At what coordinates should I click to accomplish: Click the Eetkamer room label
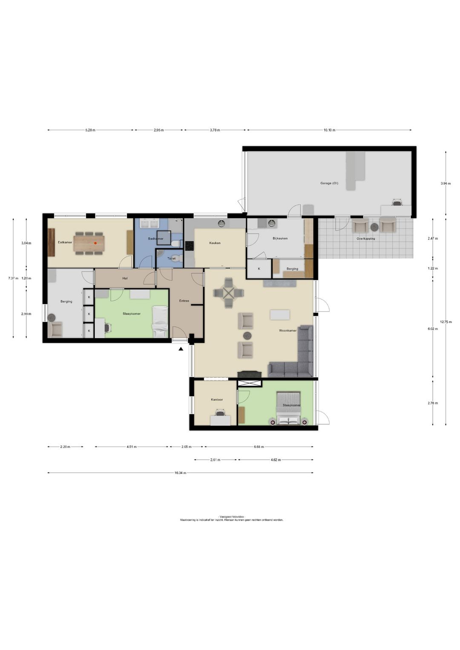(x=65, y=242)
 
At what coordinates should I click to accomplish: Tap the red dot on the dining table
(x=95, y=243)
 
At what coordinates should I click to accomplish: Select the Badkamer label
(x=155, y=239)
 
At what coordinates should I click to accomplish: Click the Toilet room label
(x=171, y=258)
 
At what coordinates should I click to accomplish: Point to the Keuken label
(x=215, y=243)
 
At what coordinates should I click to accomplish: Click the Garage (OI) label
(x=329, y=183)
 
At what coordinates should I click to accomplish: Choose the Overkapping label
(x=366, y=239)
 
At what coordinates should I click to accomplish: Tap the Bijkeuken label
(x=280, y=238)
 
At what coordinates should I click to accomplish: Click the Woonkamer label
(x=287, y=331)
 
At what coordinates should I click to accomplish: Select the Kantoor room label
(x=217, y=400)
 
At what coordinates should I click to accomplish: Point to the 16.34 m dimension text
(x=180, y=473)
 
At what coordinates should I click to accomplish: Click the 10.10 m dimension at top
(x=329, y=130)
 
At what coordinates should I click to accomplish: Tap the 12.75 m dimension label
(x=446, y=322)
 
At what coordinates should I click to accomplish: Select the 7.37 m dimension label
(x=13, y=278)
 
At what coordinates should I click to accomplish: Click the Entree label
(x=184, y=301)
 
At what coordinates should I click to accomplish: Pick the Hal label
(x=125, y=278)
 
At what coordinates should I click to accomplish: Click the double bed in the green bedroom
(x=288, y=408)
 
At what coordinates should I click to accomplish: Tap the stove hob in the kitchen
(x=190, y=246)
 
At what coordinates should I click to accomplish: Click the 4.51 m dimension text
(x=132, y=446)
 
